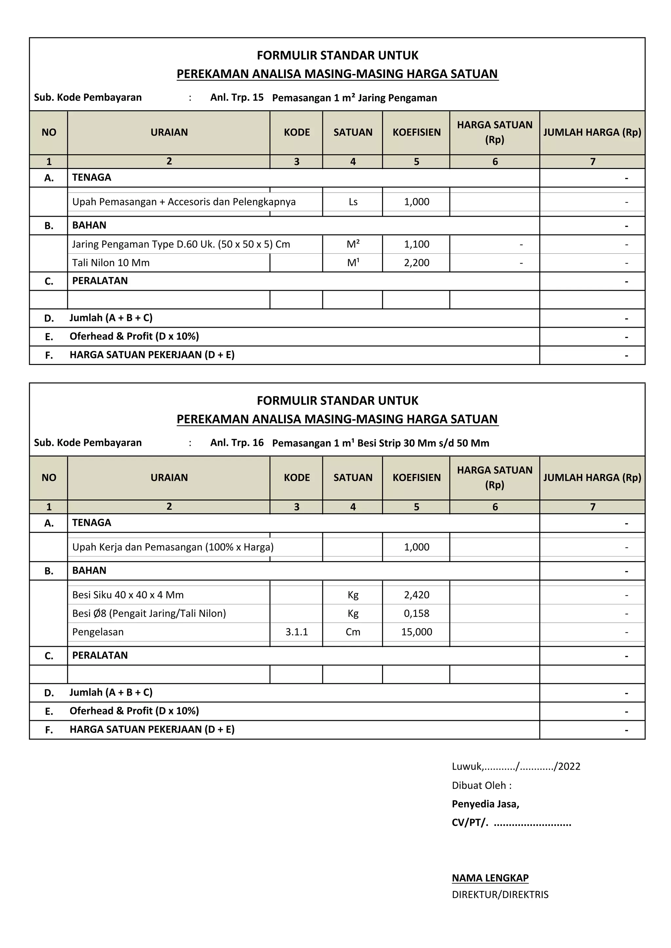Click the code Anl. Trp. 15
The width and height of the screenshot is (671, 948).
pyautogui.click(x=237, y=98)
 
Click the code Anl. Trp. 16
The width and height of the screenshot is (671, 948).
pyautogui.click(x=237, y=443)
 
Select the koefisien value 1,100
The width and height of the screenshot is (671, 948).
pyautogui.click(x=416, y=244)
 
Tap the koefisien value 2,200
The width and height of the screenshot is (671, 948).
pyautogui.click(x=416, y=263)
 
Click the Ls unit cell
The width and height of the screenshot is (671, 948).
pyautogui.click(x=353, y=202)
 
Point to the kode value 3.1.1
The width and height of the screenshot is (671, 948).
pyautogui.click(x=296, y=632)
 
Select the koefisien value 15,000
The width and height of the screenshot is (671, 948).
pyautogui.click(x=416, y=632)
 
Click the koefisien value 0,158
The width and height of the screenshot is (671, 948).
pyautogui.click(x=416, y=613)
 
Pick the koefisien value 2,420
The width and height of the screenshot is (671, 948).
pyautogui.click(x=416, y=595)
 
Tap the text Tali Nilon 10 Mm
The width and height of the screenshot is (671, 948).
pyautogui.click(x=111, y=263)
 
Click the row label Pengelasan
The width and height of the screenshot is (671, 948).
pyautogui.click(x=98, y=632)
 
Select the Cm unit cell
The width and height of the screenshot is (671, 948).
pyautogui.click(x=353, y=632)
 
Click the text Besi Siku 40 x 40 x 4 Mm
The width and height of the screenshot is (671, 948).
pyautogui.click(x=128, y=595)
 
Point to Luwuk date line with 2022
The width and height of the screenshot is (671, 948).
pyautogui.click(x=516, y=767)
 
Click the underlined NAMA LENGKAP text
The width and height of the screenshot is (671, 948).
pyautogui.click(x=490, y=878)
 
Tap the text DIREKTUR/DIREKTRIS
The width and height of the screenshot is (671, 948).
pyautogui.click(x=500, y=895)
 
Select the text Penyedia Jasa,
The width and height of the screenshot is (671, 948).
pyautogui.click(x=485, y=804)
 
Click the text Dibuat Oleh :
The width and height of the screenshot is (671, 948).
pyautogui.click(x=481, y=785)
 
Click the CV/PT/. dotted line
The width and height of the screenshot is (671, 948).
pyautogui.click(x=511, y=823)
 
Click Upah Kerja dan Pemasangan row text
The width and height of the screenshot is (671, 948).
pyautogui.click(x=173, y=547)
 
